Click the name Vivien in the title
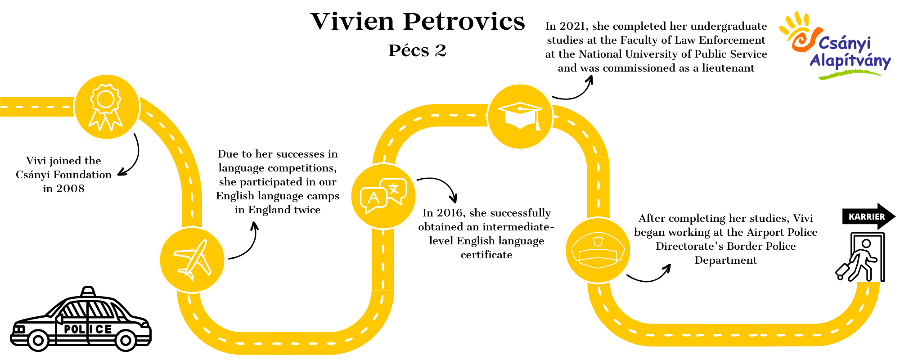352,22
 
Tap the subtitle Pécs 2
417,50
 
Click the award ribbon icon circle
107,107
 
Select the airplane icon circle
192,260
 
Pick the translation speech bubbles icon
383,196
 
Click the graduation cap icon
520,116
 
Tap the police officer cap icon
598,251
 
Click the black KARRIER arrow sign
869,216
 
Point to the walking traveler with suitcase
857,261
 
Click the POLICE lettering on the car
88,329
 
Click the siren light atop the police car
88,291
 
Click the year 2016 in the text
450,213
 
